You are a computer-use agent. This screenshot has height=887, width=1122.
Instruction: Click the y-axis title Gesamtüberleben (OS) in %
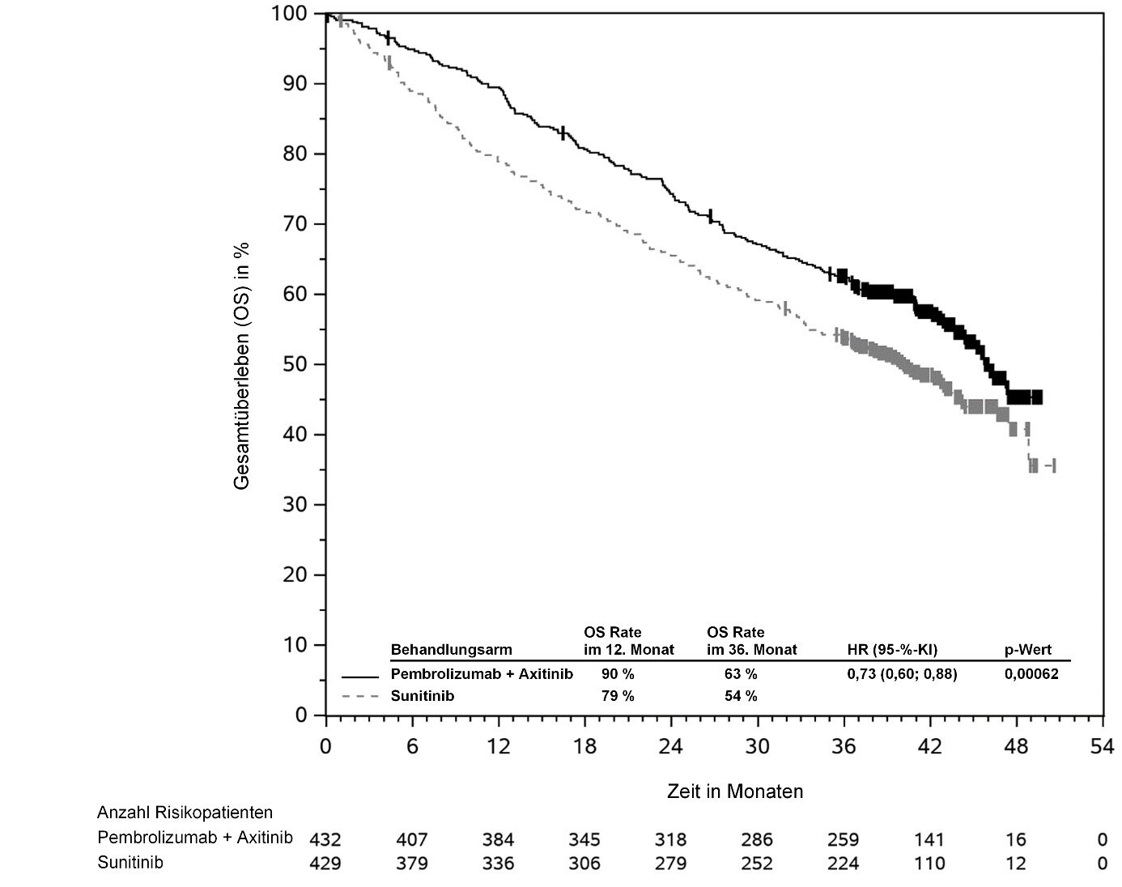coord(242,366)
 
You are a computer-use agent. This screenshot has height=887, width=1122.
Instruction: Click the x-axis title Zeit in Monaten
coord(735,791)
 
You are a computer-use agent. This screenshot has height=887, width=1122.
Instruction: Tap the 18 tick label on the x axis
coord(584,746)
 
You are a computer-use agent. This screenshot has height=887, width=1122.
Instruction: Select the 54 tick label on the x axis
coord(1102,746)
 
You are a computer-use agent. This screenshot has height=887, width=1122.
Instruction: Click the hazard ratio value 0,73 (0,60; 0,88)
coord(902,674)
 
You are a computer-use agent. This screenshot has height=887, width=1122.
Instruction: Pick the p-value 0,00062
coord(1031,674)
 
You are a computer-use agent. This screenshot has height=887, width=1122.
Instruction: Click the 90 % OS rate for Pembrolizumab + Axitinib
coord(618,674)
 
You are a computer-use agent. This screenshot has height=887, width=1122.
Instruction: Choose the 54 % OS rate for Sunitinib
coord(741,696)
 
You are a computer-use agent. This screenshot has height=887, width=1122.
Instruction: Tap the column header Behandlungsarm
coord(451,650)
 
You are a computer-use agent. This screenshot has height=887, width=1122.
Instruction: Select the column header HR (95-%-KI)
coord(892,650)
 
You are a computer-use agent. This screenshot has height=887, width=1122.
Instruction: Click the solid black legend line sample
coord(360,676)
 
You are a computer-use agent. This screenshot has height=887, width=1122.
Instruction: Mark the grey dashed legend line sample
coord(360,696)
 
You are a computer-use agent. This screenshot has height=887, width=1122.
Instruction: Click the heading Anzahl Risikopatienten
coord(185,813)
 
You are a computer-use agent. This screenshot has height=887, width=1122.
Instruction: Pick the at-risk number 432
coord(325,839)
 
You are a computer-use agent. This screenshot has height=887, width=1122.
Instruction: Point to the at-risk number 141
coord(929,839)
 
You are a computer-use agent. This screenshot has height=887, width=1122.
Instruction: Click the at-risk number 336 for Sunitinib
coord(498,864)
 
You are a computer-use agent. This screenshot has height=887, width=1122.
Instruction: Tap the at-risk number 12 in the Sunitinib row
coord(1015,864)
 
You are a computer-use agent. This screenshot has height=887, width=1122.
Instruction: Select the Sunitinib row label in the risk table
coord(130,863)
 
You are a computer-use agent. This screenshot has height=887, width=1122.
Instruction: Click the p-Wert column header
coord(1028,650)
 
